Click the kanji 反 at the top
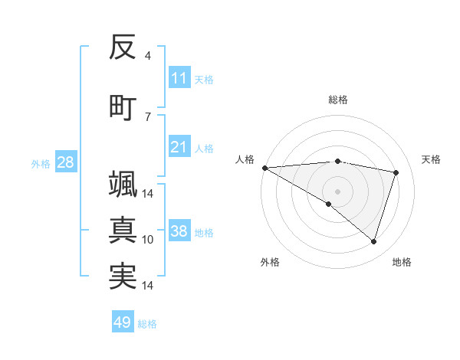[123, 48]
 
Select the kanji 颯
[123, 185]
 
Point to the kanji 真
[123, 231]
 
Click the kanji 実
[123, 277]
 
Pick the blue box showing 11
[179, 78]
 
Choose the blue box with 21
[179, 147]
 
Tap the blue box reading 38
[179, 232]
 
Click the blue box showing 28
[65, 162]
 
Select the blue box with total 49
[123, 322]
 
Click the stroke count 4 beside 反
[147, 56]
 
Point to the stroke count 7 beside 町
[147, 116]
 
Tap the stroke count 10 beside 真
[148, 240]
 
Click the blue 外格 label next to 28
[40, 163]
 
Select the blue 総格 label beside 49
[147, 323]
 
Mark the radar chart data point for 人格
[264, 167]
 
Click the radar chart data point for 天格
[396, 172]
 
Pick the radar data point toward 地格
[373, 242]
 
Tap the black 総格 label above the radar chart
[338, 100]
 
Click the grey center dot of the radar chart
[337, 190]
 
